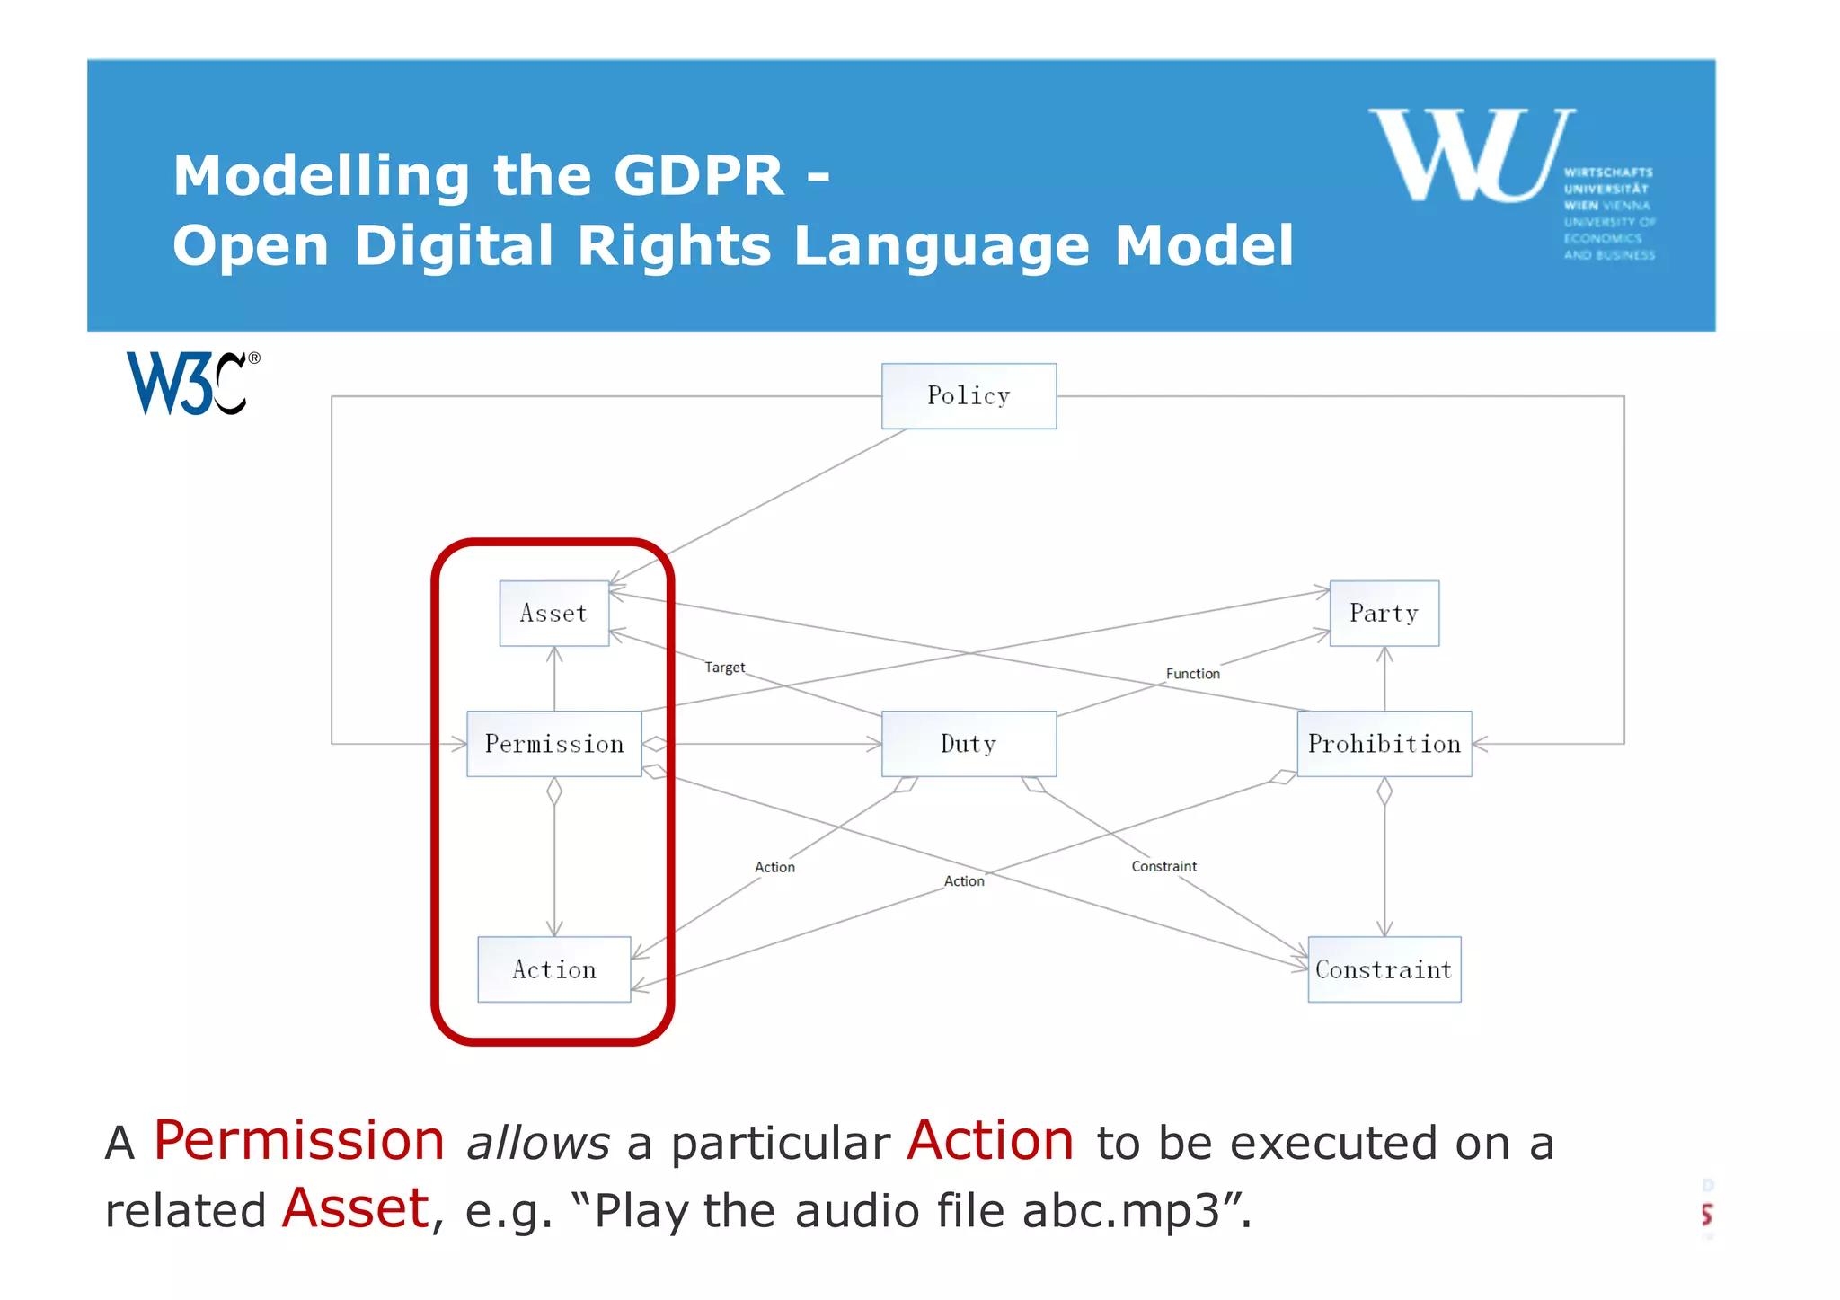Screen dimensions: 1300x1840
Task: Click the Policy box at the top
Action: click(969, 396)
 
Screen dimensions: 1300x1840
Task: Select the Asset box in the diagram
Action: click(553, 614)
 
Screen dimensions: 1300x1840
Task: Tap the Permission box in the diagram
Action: click(553, 744)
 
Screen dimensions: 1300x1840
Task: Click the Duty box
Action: click(969, 744)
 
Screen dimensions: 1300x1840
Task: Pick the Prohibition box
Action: click(1384, 744)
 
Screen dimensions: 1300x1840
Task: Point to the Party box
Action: click(1384, 614)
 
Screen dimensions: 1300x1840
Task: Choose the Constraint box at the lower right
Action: click(1384, 969)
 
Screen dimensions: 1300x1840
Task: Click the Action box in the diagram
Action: click(553, 969)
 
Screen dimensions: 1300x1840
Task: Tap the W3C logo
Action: click(191, 384)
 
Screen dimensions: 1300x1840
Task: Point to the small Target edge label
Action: click(724, 668)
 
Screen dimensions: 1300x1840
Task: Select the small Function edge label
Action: click(1192, 674)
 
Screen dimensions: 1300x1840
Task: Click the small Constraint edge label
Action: click(1163, 866)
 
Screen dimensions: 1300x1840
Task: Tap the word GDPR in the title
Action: click(699, 175)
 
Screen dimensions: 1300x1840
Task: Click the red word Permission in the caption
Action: click(299, 1141)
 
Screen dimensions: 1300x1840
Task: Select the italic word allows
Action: click(538, 1144)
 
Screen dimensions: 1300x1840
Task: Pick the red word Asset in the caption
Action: click(356, 1208)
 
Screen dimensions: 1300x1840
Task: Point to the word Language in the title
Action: click(942, 246)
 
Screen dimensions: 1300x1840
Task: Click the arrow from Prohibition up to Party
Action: click(1384, 678)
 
